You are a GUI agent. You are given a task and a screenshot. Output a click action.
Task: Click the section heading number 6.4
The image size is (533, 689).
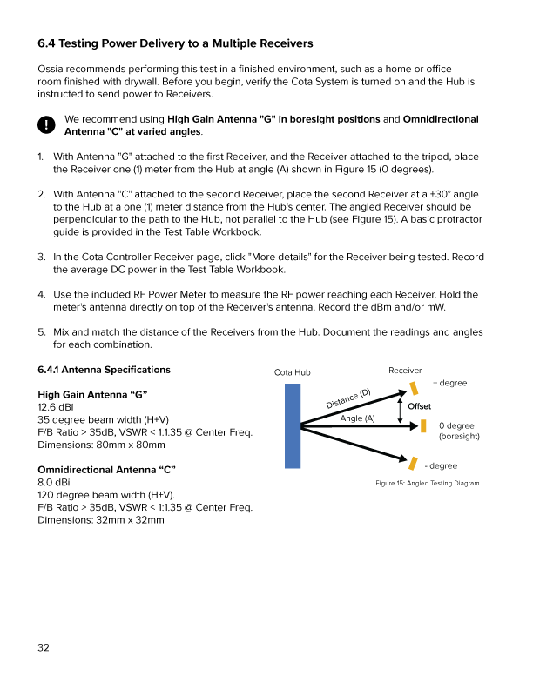point(47,43)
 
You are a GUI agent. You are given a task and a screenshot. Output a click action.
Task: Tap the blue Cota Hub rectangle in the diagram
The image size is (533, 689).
point(293,426)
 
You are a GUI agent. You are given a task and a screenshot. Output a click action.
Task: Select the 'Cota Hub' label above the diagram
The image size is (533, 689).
point(292,372)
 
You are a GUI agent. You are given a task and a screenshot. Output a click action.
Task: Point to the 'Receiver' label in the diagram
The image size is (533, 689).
point(405,371)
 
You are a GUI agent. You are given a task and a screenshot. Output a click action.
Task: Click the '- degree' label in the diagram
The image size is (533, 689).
point(441,466)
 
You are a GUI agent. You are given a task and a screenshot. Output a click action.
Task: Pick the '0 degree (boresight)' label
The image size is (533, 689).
point(458,431)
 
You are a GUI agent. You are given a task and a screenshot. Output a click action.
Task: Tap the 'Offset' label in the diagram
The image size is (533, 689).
point(418,406)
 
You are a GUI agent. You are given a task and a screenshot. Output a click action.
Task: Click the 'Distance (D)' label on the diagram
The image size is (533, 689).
point(348,398)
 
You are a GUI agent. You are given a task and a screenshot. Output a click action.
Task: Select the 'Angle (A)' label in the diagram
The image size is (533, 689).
point(357,418)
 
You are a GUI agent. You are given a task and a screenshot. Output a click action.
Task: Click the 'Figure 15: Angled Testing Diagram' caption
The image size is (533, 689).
point(427,483)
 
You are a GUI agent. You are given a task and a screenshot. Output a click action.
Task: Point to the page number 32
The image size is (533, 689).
point(44,646)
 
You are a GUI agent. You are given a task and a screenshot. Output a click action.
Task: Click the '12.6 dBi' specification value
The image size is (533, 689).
point(56,406)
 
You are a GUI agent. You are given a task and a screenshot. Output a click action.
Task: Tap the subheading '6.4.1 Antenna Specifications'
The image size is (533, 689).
point(105,370)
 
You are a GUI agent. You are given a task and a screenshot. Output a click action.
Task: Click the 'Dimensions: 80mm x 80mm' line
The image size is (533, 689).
point(101,445)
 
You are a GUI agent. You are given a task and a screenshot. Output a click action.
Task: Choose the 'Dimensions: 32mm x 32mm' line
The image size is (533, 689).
point(101,520)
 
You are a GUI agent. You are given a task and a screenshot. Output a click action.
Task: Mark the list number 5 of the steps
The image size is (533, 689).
point(41,331)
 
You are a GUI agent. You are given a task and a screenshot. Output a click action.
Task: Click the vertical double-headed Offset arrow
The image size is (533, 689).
point(400,407)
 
